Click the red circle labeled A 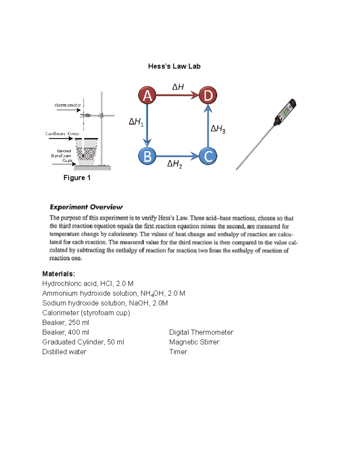click(x=147, y=95)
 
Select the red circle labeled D click(x=208, y=95)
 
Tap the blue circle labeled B click(x=147, y=156)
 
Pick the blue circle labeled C click(x=208, y=156)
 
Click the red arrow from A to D click(x=177, y=95)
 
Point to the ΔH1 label click(x=136, y=122)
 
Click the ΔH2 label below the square click(x=174, y=164)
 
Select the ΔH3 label click(x=217, y=129)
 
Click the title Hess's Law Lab click(x=174, y=66)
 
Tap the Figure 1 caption click(x=77, y=178)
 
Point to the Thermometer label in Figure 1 click(x=67, y=105)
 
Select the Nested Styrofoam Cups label click(x=61, y=156)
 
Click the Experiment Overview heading click(x=86, y=207)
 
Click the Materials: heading click(x=58, y=274)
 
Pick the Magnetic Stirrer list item click(x=194, y=342)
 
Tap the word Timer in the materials click(x=178, y=352)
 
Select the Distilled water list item click(x=64, y=352)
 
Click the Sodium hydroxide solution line click(x=105, y=303)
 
